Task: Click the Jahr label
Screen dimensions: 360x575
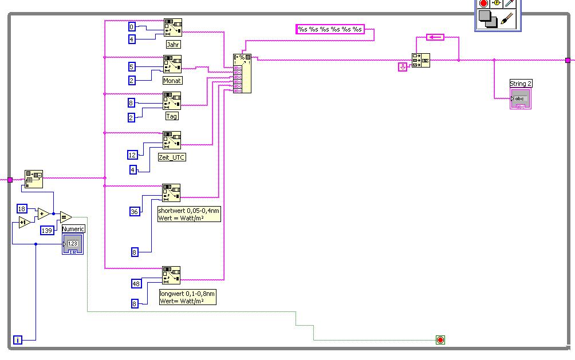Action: [174, 44]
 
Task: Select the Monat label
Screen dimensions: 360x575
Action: [172, 81]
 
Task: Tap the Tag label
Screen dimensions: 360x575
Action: [172, 116]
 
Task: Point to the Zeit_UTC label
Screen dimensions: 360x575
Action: [172, 157]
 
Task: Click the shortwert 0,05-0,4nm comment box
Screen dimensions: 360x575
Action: [189, 214]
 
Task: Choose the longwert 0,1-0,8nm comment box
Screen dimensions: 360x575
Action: [188, 296]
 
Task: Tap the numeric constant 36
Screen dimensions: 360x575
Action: [135, 212]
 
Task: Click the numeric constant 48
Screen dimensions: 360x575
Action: [136, 283]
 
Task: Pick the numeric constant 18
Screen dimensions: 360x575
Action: [22, 208]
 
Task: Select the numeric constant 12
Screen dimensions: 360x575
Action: [132, 155]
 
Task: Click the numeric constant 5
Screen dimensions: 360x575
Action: [132, 66]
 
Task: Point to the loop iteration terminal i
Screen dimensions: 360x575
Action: [18, 340]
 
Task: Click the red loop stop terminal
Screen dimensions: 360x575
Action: [440, 340]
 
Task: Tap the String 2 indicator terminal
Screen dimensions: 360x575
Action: [521, 99]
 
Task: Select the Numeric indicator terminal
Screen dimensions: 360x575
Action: [73, 244]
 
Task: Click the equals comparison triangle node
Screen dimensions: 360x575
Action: [65, 216]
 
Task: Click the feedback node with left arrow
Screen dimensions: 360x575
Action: [435, 37]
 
